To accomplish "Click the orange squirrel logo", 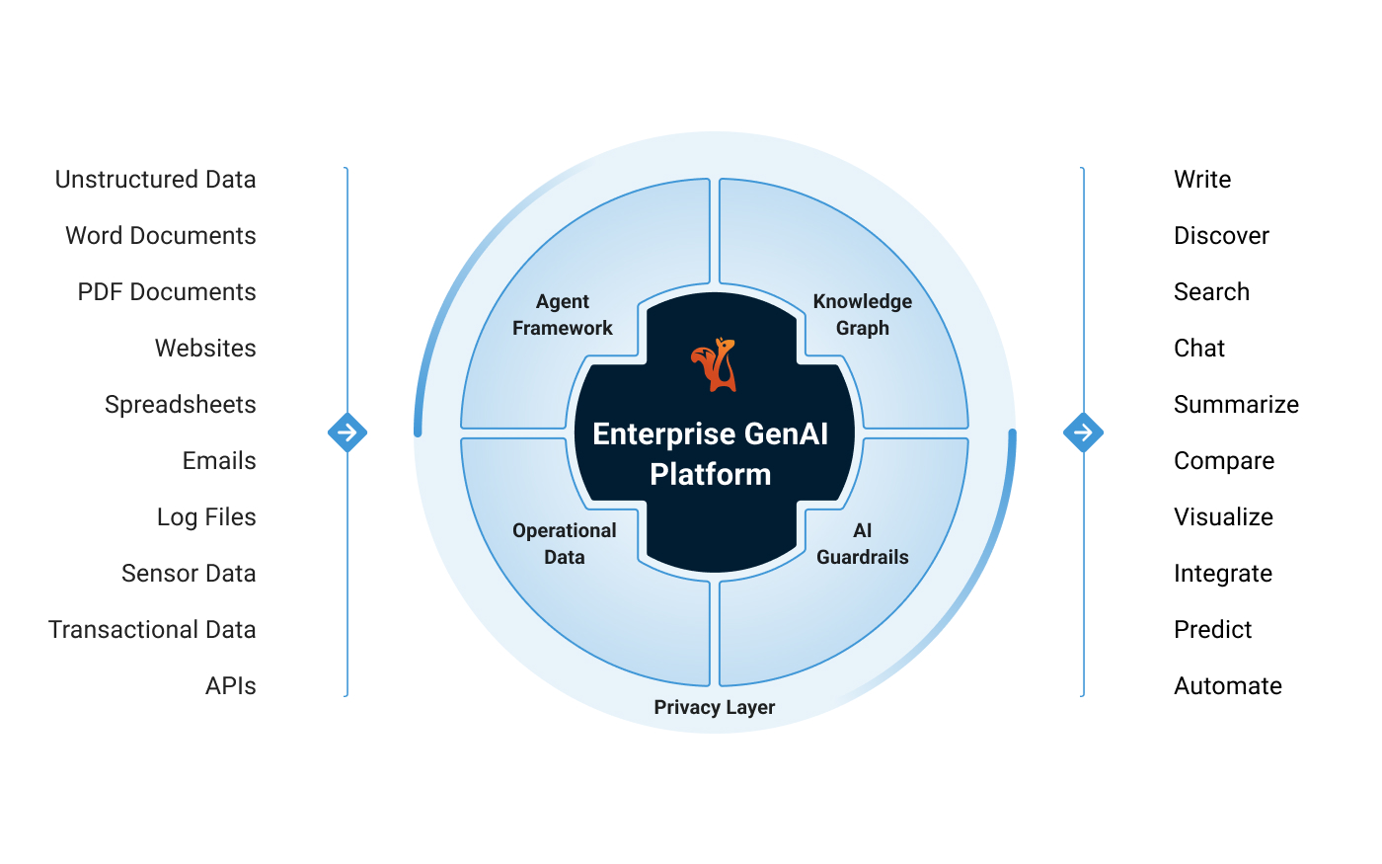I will pos(714,365).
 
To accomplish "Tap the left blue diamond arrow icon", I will pos(347,432).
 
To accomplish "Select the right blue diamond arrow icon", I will pos(1083,432).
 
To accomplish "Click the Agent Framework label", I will pos(563,315).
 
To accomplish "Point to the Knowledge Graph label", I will pos(862,315).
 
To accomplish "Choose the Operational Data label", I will pos(564,544).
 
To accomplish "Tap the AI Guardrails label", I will pos(862,544).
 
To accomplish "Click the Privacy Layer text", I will pos(714,707).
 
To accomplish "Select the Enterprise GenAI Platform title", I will pos(711,454).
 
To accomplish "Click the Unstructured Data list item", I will pos(155,180).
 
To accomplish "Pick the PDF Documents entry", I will pos(167,292).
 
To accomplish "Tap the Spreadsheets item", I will pos(180,405).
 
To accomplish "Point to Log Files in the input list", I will pos(206,517).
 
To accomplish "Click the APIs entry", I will pos(230,686).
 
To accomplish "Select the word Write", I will pos(1202,180).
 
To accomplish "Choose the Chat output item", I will pos(1199,349).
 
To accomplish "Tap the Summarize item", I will pos(1236,405).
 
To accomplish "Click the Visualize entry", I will pos(1223,517).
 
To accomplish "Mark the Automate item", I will pos(1228,686).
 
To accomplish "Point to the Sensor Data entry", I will pos(189,574).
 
